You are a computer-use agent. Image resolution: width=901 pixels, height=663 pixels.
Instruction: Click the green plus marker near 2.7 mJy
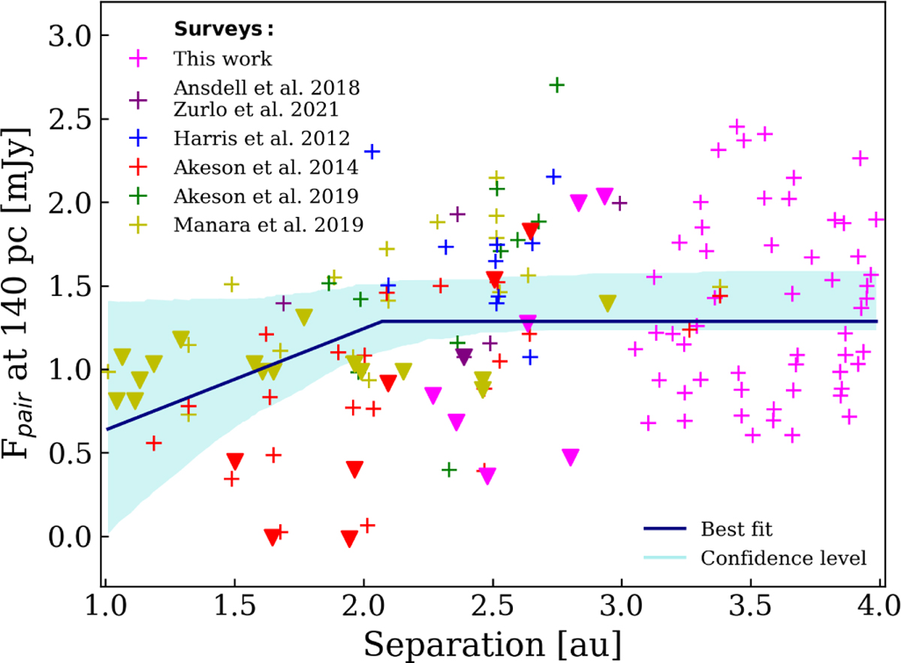556,86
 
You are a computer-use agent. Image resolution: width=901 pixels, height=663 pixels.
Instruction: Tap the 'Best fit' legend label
736,529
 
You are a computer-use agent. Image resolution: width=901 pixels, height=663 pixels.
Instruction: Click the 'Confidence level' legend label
783,558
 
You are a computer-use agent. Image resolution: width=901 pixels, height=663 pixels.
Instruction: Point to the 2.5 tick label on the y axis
68,119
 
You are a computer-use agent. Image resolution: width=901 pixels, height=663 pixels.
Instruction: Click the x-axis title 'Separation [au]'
493,641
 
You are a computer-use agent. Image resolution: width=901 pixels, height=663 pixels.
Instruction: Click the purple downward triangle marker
463,357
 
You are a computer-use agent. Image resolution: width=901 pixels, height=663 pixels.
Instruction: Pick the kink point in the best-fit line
382,321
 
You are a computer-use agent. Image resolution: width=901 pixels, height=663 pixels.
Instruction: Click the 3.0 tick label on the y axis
68,36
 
